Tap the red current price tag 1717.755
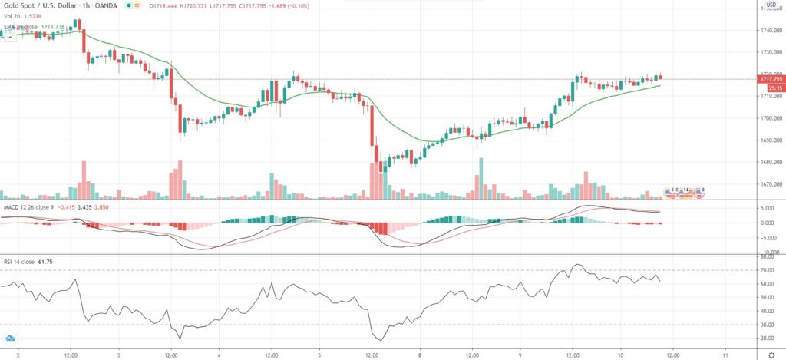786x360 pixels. click(770, 79)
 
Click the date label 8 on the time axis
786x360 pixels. click(421, 355)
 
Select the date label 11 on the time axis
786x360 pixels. click(725, 355)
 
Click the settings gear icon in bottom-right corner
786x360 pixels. click(771, 355)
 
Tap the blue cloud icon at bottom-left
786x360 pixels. click(11, 339)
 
